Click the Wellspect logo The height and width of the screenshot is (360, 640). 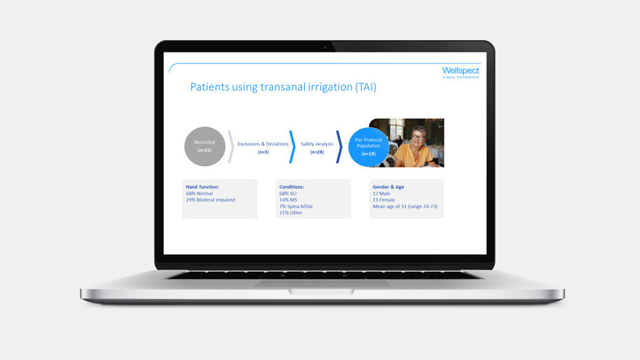coord(460,72)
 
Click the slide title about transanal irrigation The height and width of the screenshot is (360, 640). coord(283,87)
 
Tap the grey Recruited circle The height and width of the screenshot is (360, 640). coord(205,146)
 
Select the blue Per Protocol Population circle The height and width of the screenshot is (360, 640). coord(368,146)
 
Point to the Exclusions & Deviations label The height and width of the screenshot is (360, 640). coord(263,144)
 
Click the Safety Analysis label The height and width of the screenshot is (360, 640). coord(317,144)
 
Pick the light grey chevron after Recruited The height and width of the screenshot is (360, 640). coord(231,147)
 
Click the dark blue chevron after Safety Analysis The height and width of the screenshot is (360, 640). coord(339,147)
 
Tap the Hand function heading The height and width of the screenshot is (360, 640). coord(202,187)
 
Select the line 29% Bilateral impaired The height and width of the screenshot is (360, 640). coord(211,200)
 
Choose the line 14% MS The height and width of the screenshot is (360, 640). coord(288,200)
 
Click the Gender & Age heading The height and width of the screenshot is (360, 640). coord(389,187)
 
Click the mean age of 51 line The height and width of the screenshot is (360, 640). coord(405,207)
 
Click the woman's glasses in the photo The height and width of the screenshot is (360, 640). coord(418,138)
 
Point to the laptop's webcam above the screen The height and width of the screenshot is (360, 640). coord(325,47)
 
